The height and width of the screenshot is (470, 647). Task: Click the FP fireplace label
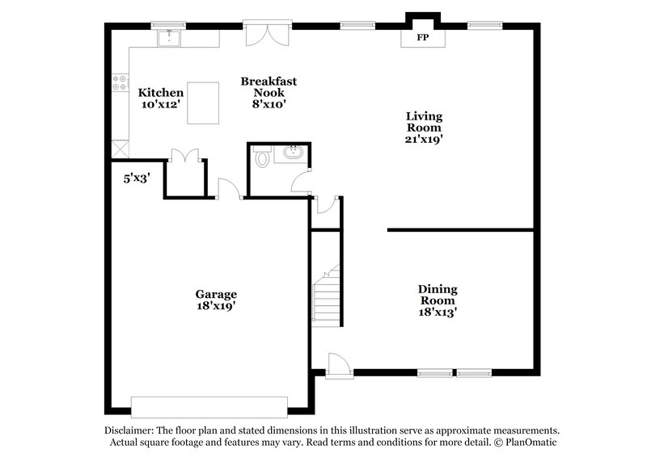422,38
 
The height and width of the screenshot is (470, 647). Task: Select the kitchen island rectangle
203,103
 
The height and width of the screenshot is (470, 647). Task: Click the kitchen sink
170,38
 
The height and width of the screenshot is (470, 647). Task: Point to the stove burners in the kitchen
118,82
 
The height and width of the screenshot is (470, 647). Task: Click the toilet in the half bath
261,157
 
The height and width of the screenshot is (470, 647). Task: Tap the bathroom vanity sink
293,153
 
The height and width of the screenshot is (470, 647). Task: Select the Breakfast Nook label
269,86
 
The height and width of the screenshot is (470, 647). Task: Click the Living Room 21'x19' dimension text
424,139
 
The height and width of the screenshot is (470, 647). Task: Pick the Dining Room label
438,295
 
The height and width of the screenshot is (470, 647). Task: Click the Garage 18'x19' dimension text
215,306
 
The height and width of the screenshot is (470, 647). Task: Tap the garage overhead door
209,405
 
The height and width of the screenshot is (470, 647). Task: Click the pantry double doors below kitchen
185,155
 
